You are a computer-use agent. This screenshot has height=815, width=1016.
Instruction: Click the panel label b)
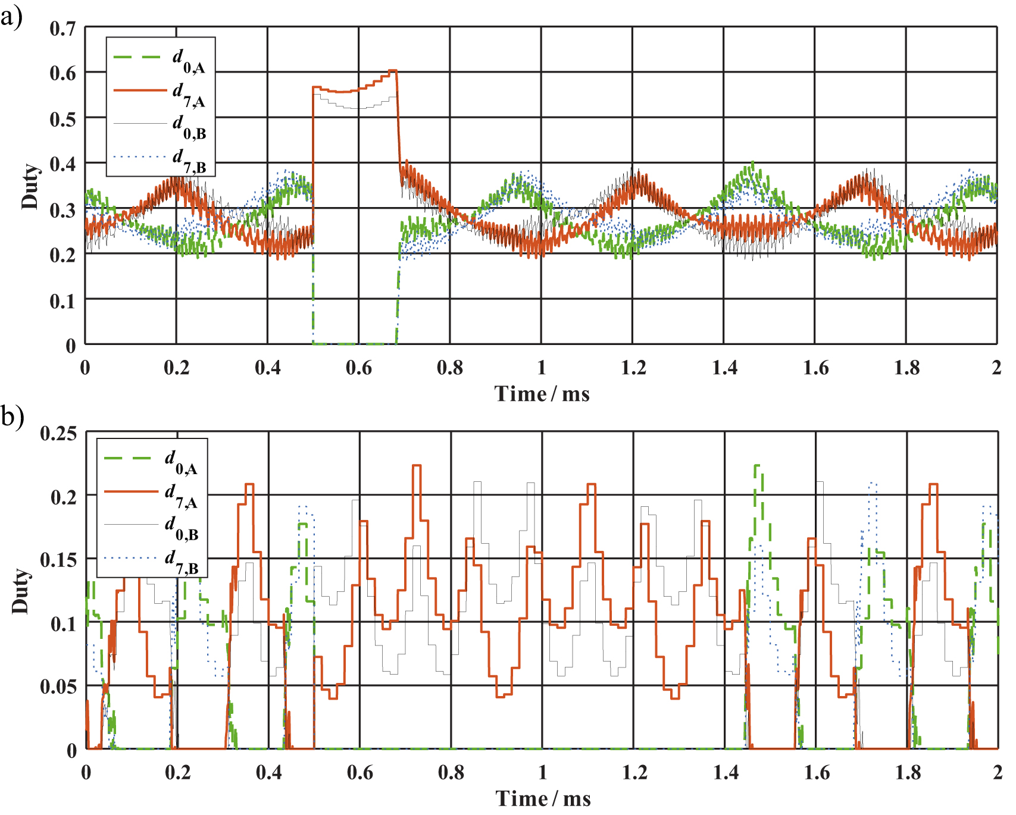(x=12, y=416)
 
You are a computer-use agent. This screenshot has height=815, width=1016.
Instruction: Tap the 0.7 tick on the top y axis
(x=62, y=28)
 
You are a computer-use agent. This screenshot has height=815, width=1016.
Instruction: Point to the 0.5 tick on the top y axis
(x=62, y=119)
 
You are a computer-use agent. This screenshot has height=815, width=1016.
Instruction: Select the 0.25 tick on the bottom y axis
(x=58, y=433)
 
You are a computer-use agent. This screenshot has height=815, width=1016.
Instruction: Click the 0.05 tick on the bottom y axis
(x=58, y=687)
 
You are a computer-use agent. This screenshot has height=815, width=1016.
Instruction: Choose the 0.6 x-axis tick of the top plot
(x=358, y=368)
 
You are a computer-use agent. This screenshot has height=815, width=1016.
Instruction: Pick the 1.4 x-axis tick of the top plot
(x=724, y=368)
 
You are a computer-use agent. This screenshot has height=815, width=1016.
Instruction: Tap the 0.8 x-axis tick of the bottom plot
(x=451, y=772)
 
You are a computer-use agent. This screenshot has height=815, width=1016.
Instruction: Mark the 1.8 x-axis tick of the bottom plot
(x=907, y=772)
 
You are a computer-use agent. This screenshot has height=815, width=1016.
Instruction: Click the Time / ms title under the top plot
(x=542, y=394)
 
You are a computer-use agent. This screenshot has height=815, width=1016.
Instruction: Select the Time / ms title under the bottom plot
(x=543, y=798)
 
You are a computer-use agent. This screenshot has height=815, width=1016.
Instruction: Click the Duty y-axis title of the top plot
(x=30, y=186)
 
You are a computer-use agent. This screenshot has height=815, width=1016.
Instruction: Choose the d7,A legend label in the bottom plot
(x=180, y=496)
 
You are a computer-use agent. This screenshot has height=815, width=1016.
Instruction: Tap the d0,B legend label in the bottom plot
(x=180, y=528)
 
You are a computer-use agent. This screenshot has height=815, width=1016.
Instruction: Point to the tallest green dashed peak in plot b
(x=757, y=466)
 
